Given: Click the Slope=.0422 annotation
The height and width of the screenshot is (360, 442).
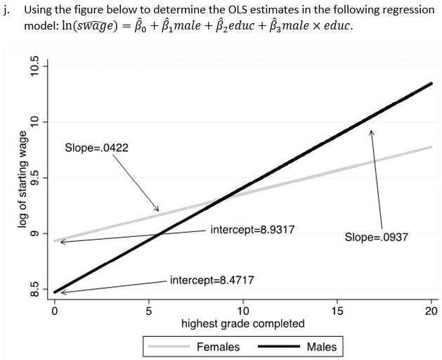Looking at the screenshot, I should [96, 148].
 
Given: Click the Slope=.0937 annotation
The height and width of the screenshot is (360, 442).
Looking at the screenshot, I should [376, 237].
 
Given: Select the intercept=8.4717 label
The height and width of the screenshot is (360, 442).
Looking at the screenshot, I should [212, 280].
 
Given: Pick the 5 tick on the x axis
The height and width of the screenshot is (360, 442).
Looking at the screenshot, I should [148, 311].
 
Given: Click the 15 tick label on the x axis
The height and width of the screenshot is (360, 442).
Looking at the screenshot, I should [337, 311].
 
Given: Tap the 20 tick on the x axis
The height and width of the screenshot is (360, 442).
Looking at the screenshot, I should [431, 311].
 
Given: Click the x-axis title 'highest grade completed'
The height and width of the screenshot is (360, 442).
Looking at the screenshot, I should [242, 323].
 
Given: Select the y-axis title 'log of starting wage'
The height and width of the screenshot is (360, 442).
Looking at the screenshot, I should [23, 179].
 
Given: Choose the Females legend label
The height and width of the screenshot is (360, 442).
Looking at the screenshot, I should [218, 347].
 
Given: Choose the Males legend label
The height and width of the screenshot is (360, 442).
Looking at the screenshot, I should [321, 347].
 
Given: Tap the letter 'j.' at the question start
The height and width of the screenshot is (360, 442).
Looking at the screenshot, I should [8, 11].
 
